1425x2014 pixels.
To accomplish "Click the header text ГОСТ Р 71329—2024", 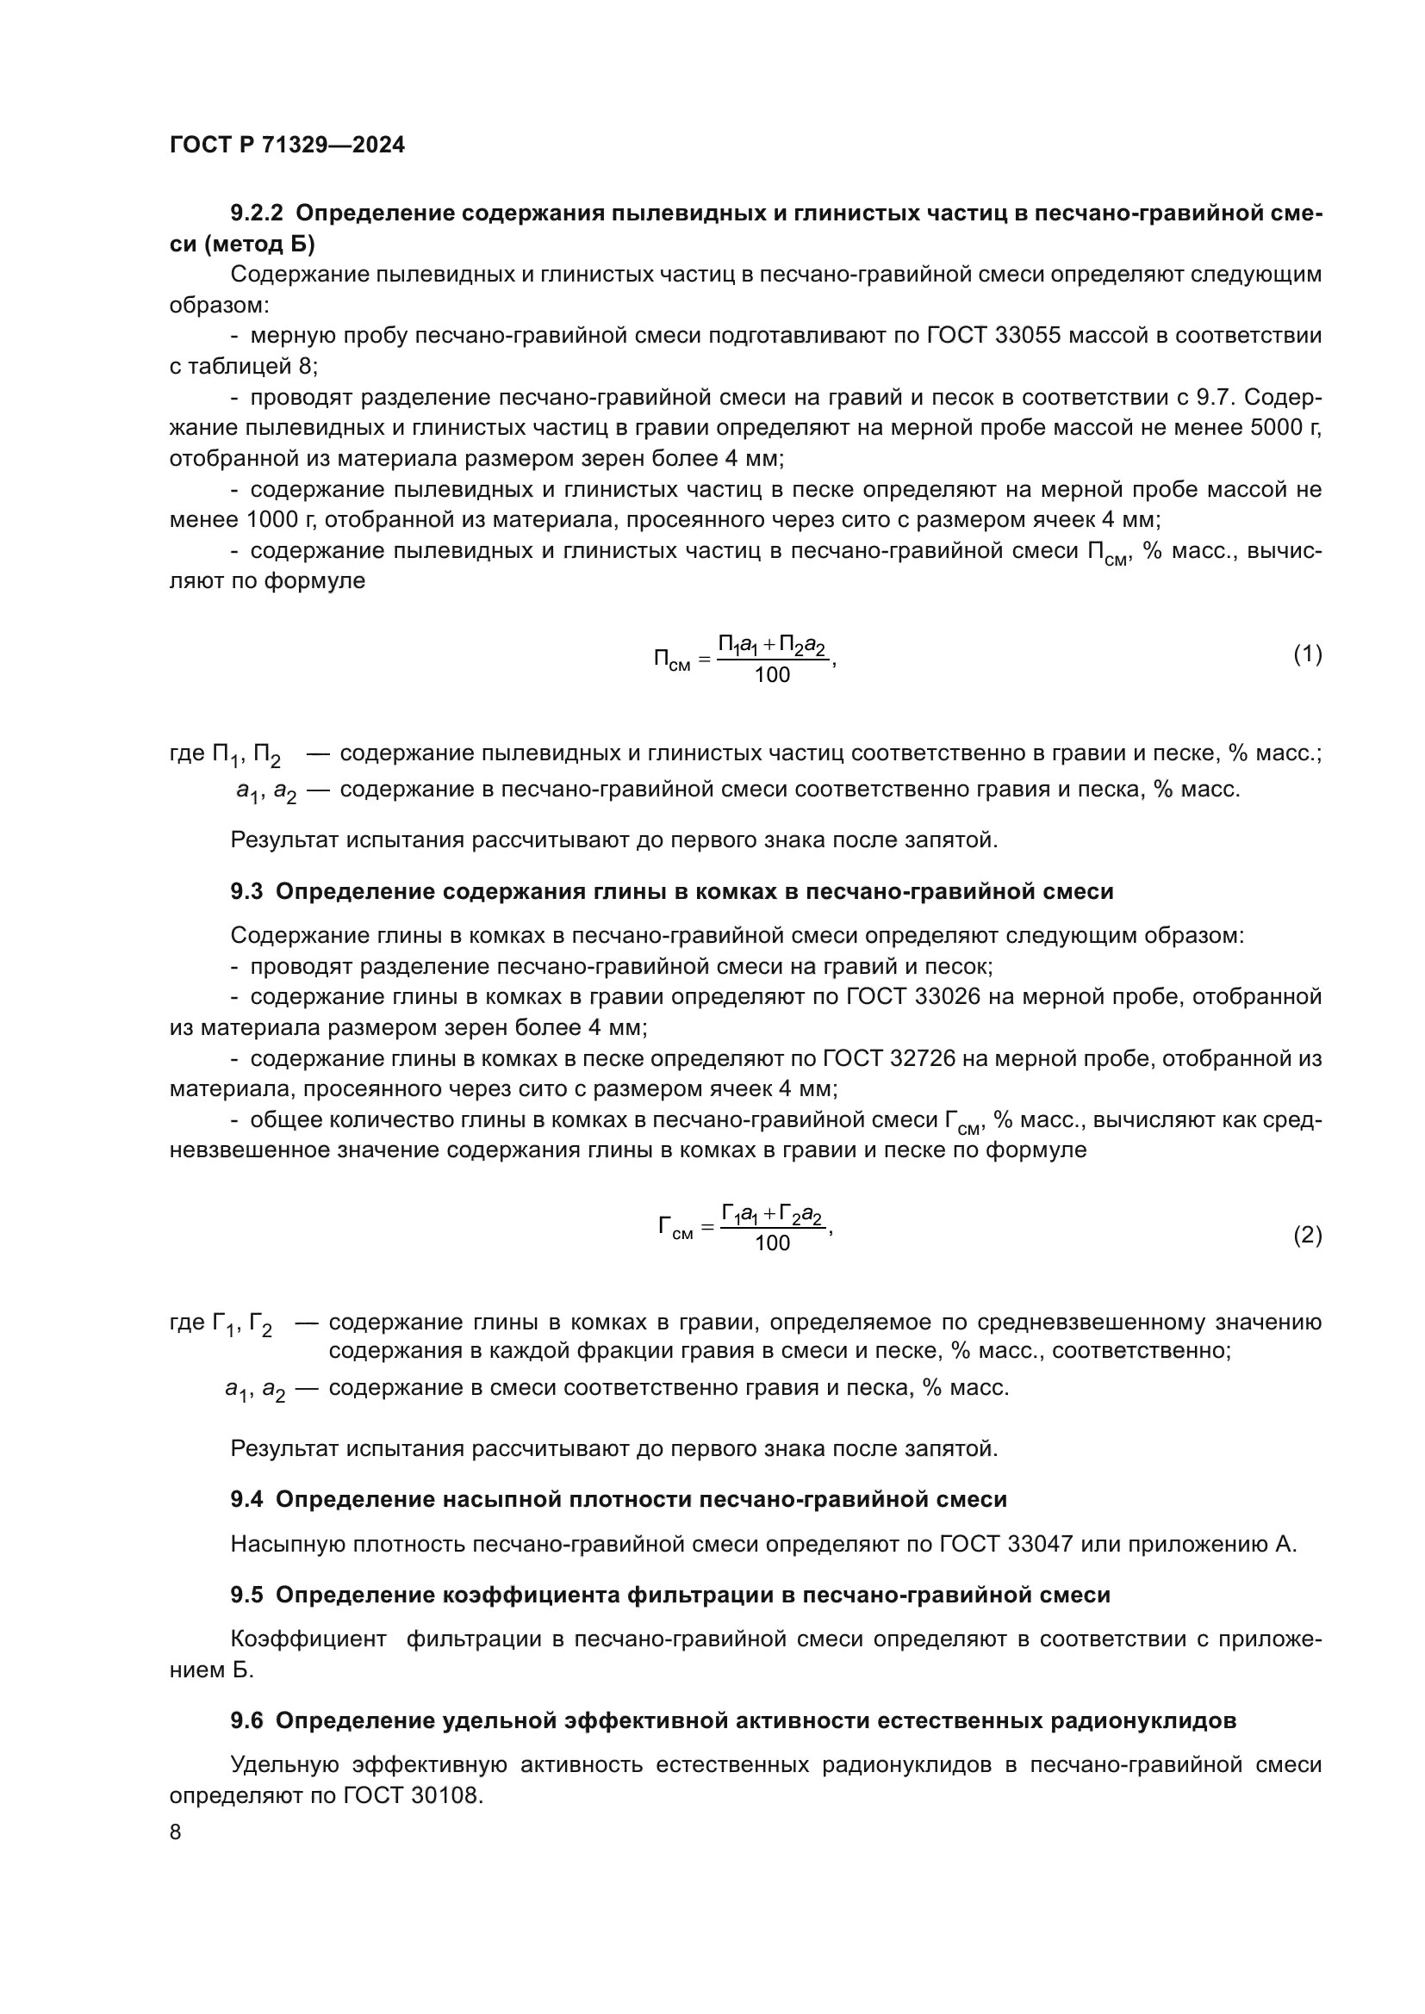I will [287, 146].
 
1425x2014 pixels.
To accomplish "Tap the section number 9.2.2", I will [257, 214].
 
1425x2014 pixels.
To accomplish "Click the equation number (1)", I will [1307, 654].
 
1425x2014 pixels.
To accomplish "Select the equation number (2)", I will [1307, 1235].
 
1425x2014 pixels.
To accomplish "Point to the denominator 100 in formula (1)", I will [772, 674].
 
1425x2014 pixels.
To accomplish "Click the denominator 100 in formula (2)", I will [772, 1243].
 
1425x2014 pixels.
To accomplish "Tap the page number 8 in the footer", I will [176, 1832].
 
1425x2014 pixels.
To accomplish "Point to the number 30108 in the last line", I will [444, 1795].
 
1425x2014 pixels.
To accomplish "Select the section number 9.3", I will [246, 892].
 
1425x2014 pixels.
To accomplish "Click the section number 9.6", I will [246, 1721].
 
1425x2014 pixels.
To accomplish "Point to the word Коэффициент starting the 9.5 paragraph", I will [308, 1639].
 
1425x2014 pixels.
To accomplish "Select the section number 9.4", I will [246, 1500].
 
